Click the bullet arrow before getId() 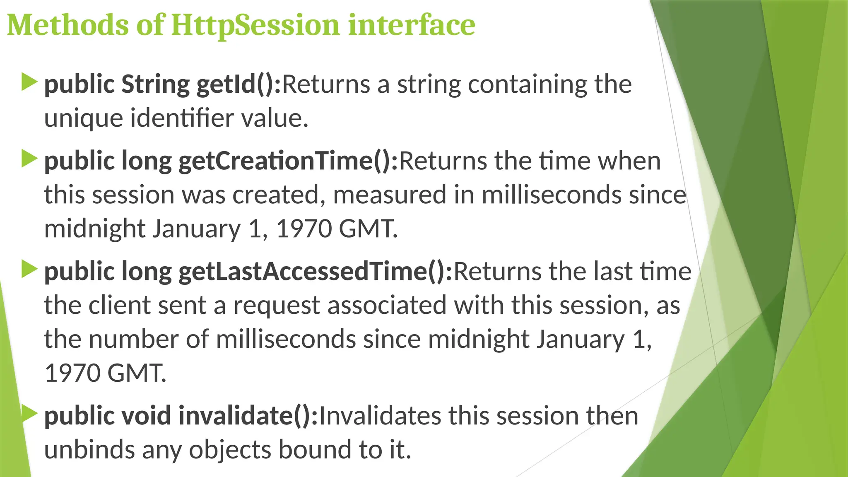[x=29, y=82]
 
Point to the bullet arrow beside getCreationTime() [x=29, y=159]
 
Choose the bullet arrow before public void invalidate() [x=29, y=414]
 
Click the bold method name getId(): [x=238, y=84]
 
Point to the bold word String [x=155, y=84]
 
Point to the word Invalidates [x=380, y=415]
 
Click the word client [x=120, y=305]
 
